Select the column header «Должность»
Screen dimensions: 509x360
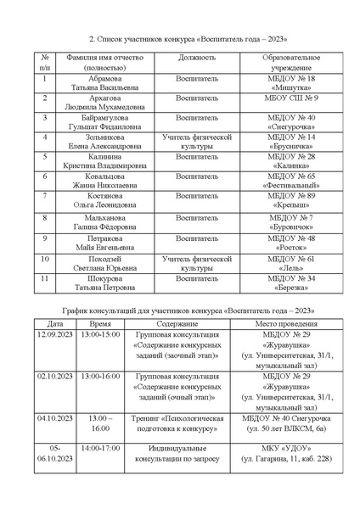point(196,58)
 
